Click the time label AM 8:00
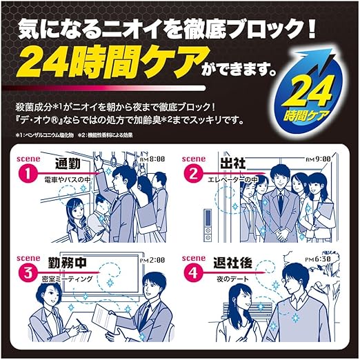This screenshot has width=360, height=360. point(152,159)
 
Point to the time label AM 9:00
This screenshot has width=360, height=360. point(319,159)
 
